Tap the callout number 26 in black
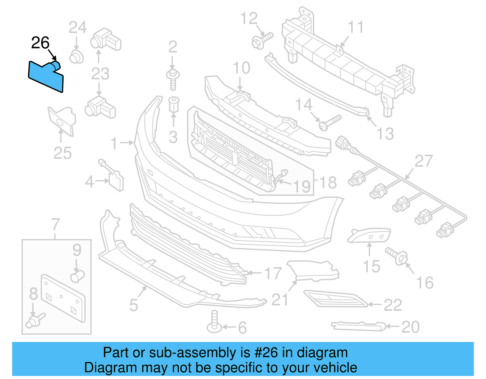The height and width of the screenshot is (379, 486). [x=40, y=43]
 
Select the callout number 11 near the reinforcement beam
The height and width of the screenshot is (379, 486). [x=355, y=27]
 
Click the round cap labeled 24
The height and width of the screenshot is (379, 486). [x=76, y=57]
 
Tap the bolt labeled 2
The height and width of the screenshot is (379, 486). [x=173, y=79]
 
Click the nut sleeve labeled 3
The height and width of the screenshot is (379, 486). [x=174, y=105]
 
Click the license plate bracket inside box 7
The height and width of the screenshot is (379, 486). [x=63, y=298]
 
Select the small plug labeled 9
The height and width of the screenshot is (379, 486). [x=77, y=276]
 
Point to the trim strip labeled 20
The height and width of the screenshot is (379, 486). [x=358, y=326]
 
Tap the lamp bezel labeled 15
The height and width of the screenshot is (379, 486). [x=369, y=235]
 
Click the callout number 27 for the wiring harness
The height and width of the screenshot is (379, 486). [x=423, y=161]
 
